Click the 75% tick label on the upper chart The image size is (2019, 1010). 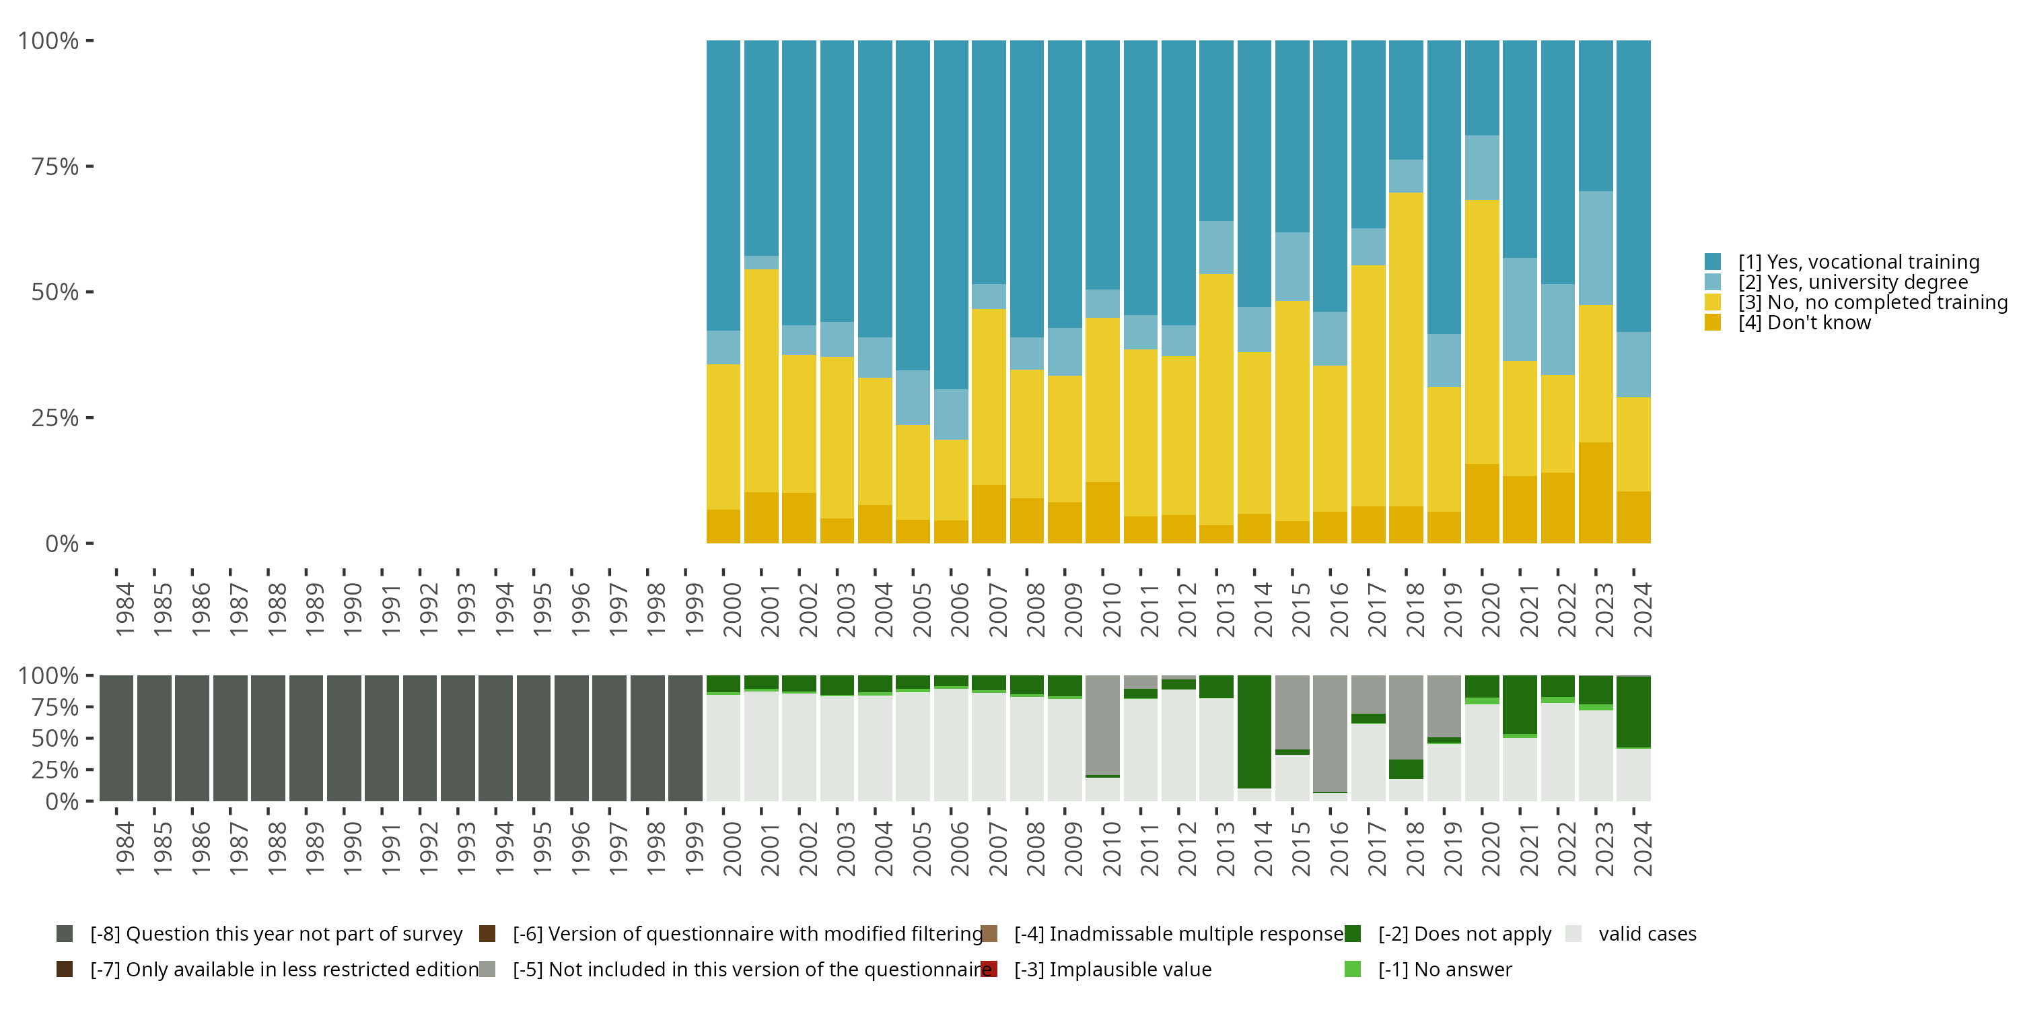pos(55,166)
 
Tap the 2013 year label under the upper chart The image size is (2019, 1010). pos(1224,609)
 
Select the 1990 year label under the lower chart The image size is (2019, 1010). pos(352,848)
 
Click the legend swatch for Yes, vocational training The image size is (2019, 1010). pos(1713,262)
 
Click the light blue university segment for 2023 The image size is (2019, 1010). pos(1595,248)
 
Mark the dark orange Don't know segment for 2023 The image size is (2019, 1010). pos(1595,492)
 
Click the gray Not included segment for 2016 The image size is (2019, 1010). pos(1330,733)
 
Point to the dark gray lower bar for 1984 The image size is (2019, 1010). pos(116,738)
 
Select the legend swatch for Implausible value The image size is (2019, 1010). pos(989,969)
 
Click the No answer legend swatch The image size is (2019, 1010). pos(1352,969)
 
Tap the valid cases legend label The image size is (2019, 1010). pos(1647,934)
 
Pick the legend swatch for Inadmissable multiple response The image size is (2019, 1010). pos(989,934)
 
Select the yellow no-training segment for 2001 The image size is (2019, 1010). pos(761,380)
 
